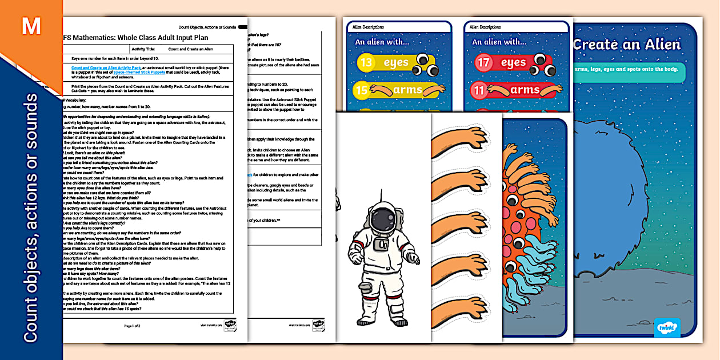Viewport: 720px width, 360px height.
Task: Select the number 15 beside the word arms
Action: point(361,90)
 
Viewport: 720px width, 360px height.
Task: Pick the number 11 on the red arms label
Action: point(479,90)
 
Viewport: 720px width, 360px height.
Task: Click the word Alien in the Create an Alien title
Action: point(657,45)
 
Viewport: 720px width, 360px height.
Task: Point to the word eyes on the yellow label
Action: point(396,62)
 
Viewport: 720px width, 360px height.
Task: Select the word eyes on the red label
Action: point(513,62)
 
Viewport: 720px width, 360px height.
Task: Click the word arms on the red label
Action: point(525,90)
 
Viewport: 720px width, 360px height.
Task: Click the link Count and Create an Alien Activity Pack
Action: point(106,68)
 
